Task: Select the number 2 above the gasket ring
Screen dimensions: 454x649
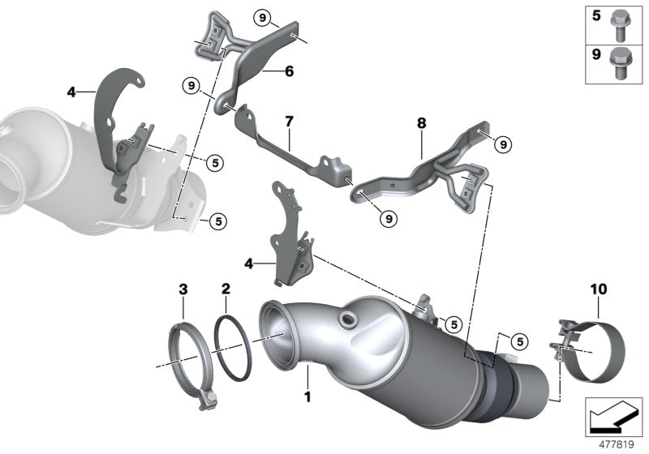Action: pyautogui.click(x=226, y=289)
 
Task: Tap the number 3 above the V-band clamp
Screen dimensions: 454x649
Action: pyautogui.click(x=183, y=289)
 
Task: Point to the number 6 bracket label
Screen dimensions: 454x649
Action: pyautogui.click(x=289, y=71)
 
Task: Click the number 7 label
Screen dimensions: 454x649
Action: pyautogui.click(x=287, y=122)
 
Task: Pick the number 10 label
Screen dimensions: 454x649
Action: pyautogui.click(x=598, y=288)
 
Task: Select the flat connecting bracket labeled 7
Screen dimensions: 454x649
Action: pyautogui.click(x=292, y=158)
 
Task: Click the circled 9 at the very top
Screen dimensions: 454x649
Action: pyautogui.click(x=260, y=16)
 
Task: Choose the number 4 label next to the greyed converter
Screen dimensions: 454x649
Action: pyautogui.click(x=71, y=92)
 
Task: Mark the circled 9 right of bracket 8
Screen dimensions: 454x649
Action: pyautogui.click(x=502, y=144)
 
